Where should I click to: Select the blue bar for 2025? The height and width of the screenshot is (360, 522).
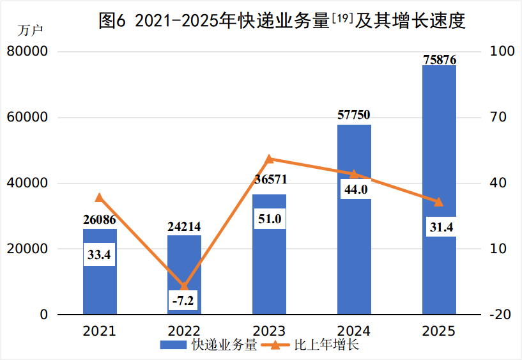439,128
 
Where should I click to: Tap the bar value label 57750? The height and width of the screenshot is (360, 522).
353,115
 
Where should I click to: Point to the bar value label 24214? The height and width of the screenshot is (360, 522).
184,226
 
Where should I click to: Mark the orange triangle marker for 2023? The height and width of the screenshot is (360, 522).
269,159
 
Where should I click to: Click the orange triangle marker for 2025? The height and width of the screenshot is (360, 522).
439,202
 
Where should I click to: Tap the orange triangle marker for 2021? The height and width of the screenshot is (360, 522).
100,198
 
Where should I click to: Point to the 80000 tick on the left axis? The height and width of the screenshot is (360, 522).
27,52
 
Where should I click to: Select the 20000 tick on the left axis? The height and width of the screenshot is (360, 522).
27,249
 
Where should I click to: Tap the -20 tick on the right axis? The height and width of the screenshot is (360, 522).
499,315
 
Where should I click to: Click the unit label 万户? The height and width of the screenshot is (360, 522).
29,31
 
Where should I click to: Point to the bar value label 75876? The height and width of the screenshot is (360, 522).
439,59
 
